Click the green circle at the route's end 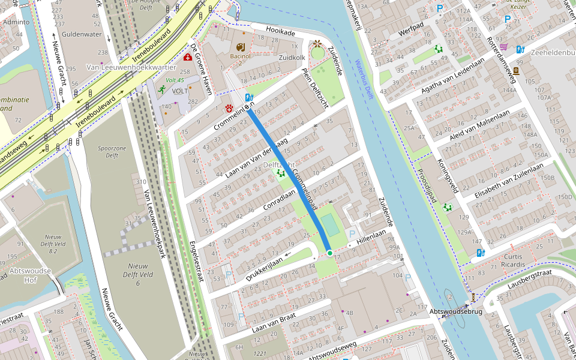[x=329, y=253]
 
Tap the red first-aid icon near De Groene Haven [x=188, y=58]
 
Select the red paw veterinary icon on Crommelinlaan [x=229, y=108]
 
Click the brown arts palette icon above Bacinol [x=240, y=47]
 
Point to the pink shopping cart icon [x=503, y=47]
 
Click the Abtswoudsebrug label [x=456, y=312]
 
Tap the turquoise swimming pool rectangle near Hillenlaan [x=330, y=226]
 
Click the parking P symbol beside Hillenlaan [x=352, y=234]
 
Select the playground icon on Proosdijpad [x=447, y=207]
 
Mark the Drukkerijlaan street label [x=263, y=268]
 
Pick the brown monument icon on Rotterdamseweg [x=516, y=70]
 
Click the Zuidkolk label [x=292, y=57]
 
